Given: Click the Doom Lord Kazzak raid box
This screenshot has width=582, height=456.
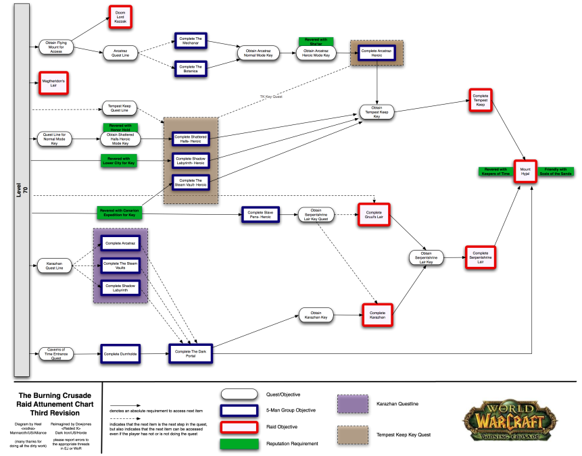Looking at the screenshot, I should (x=120, y=17).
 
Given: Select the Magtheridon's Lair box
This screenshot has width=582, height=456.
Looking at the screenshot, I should (x=53, y=84).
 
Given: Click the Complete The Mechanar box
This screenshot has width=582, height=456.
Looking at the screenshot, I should (x=191, y=40).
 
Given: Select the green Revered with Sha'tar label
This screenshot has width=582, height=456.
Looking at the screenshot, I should (x=315, y=41).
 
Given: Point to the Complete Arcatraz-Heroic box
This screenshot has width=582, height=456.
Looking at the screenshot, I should (x=377, y=52).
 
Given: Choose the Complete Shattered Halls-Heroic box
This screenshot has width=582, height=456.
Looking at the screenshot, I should (x=190, y=138).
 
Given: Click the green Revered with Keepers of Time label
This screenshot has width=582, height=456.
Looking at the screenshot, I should (x=495, y=172).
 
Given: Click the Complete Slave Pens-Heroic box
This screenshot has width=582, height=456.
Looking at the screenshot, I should (x=260, y=214).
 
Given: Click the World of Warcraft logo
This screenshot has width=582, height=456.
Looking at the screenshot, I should (x=516, y=420).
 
